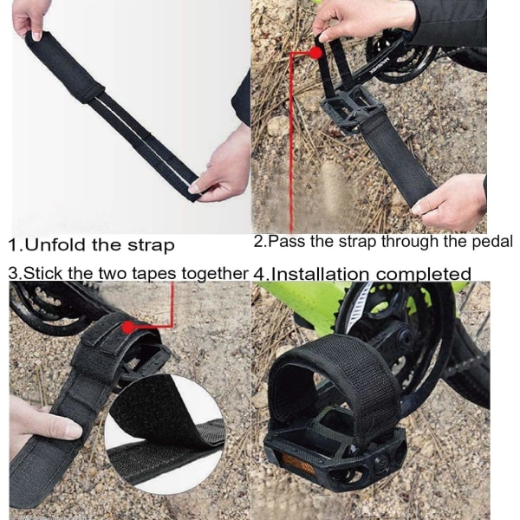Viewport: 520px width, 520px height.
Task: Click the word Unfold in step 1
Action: (x=55, y=245)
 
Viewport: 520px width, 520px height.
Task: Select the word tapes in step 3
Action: (x=154, y=274)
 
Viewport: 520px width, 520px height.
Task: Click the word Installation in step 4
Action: (x=321, y=275)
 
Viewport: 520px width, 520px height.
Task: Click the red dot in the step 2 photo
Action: (x=315, y=53)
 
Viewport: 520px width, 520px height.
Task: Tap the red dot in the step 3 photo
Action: (x=128, y=328)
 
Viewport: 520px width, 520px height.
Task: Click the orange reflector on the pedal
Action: (x=297, y=463)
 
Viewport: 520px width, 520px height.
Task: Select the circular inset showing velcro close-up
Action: (x=165, y=435)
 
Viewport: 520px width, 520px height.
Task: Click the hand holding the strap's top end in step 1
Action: (x=29, y=18)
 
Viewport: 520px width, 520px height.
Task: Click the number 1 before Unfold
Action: (x=13, y=245)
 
